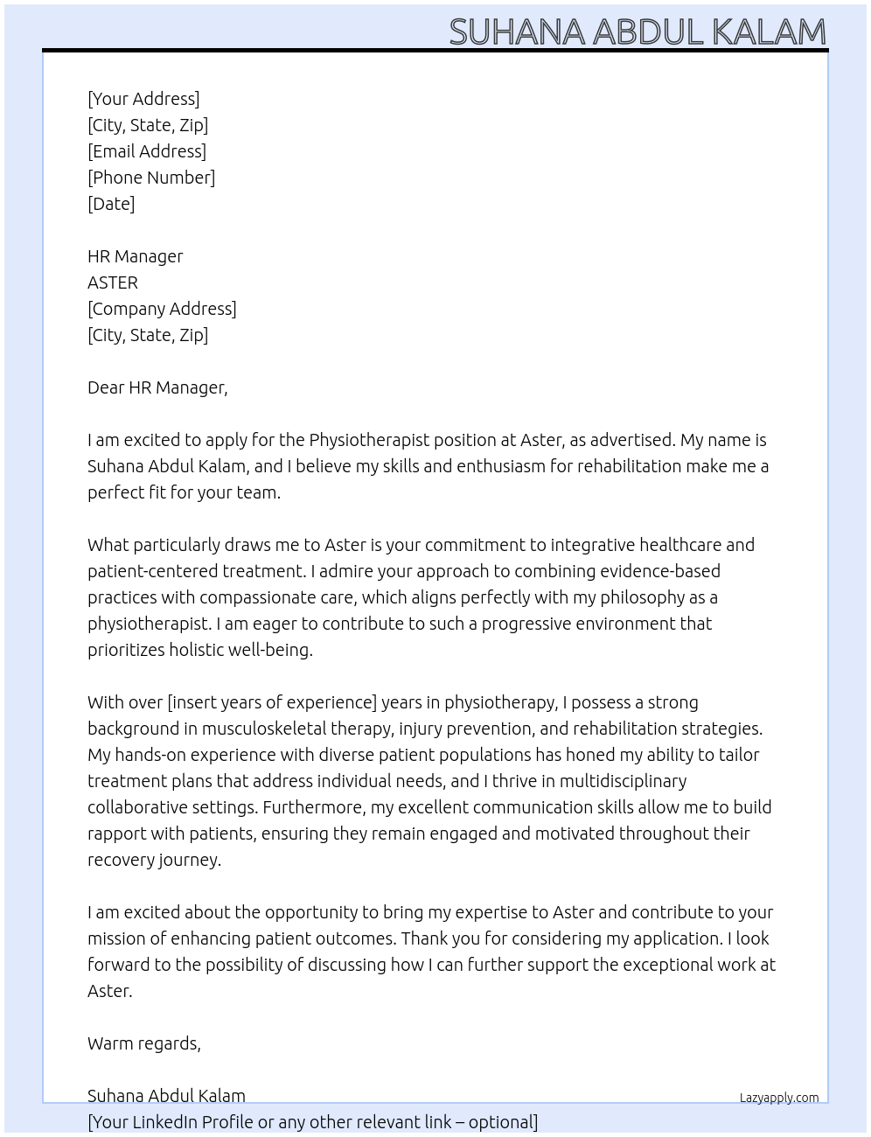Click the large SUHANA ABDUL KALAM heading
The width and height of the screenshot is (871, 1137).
point(638,31)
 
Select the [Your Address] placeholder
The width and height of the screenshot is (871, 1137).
point(143,99)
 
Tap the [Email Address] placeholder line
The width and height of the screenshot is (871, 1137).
point(147,151)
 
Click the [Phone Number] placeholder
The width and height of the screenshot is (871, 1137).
point(151,178)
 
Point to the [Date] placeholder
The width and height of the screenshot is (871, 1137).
point(111,204)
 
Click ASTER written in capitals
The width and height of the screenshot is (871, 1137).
point(113,283)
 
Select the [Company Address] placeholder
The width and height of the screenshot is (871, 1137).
point(162,309)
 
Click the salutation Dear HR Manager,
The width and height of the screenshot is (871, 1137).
point(157,387)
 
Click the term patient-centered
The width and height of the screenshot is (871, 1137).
point(151,571)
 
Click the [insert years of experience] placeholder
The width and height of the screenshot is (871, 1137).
point(272,702)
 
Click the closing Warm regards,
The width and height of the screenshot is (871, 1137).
point(144,1043)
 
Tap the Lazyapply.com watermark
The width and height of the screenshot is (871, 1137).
point(779,1098)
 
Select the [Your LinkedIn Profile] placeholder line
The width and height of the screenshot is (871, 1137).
point(312,1122)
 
